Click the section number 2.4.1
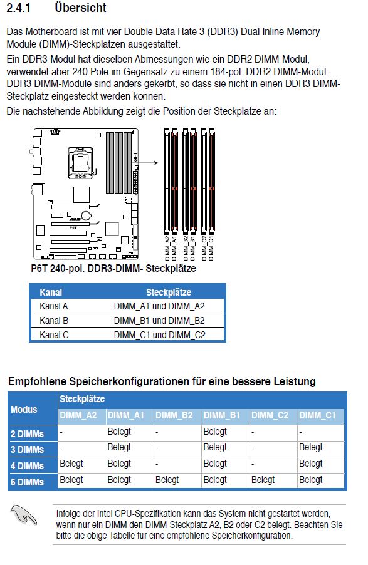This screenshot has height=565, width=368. click(18, 8)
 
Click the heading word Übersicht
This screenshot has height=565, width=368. click(80, 8)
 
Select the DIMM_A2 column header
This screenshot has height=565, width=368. click(78, 415)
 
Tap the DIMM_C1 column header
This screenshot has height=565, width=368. click(317, 415)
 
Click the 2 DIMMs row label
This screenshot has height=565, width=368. click(27, 434)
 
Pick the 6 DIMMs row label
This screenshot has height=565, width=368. click(27, 482)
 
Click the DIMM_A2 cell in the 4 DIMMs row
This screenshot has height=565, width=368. click(71, 464)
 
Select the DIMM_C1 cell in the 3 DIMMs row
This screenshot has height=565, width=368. click(310, 447)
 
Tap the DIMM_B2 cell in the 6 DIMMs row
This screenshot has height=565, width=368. click(167, 480)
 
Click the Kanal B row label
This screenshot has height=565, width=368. click(54, 321)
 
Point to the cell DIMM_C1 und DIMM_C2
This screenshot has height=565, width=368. click(159, 335)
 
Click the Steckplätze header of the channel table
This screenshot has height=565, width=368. click(169, 293)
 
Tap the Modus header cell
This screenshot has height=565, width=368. click(24, 409)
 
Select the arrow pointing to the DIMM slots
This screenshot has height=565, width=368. click(148, 163)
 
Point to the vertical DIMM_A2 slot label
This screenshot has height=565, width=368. click(167, 248)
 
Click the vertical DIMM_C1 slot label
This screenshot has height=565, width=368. click(211, 248)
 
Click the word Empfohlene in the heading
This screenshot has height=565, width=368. click(37, 381)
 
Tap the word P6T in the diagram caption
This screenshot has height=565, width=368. click(39, 269)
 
